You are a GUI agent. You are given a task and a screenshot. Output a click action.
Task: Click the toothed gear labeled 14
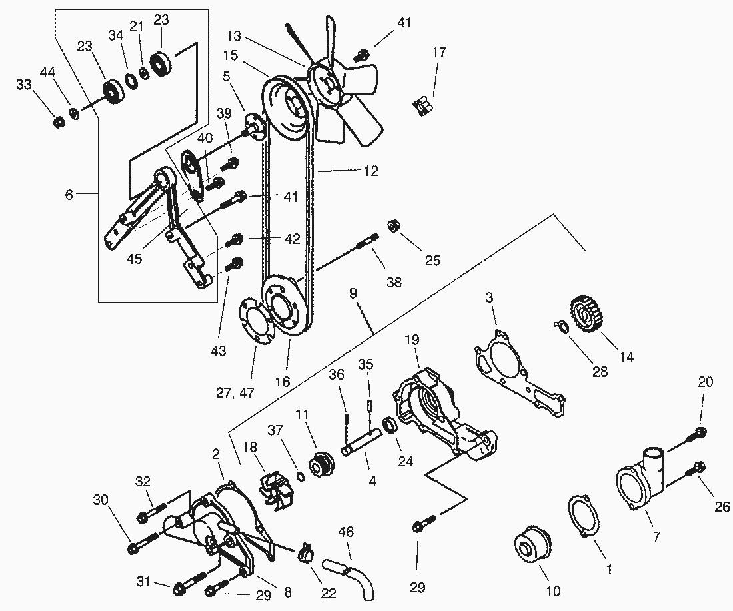(587, 314)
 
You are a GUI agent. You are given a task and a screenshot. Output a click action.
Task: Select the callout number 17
(438, 52)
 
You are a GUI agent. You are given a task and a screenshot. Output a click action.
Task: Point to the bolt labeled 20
(700, 434)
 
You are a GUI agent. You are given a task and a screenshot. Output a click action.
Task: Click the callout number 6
(69, 195)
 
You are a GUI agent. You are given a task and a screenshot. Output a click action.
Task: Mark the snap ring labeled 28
(560, 326)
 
